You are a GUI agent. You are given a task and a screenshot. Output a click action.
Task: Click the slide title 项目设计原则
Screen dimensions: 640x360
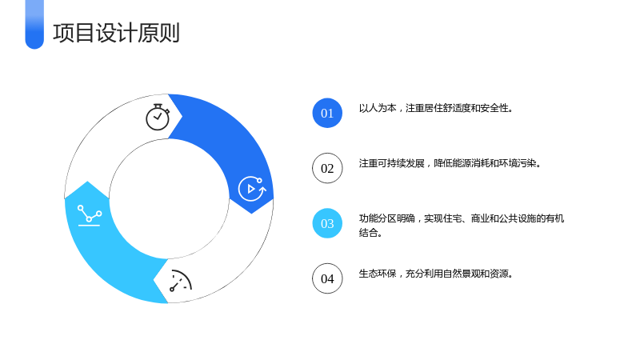116,33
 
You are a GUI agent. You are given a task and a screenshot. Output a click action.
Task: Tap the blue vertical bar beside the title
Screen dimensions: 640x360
34,25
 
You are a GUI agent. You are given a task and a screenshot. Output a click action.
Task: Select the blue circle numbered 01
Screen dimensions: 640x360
327,113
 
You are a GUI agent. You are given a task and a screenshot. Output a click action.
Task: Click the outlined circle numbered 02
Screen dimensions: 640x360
327,168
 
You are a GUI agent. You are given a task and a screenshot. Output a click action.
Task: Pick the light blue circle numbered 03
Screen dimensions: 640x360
327,223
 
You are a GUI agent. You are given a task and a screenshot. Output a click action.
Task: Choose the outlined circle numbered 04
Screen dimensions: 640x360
327,278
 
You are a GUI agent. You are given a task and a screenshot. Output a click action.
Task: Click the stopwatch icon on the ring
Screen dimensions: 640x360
158,117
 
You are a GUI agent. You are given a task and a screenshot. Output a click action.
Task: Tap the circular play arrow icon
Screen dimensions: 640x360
252,189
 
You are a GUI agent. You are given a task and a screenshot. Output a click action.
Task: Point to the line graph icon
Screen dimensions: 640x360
90,215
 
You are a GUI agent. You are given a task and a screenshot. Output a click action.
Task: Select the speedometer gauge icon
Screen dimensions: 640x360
181,281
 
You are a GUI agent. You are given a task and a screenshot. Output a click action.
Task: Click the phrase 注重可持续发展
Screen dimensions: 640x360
392,163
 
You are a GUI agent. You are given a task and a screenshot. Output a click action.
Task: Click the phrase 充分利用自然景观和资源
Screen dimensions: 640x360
457,274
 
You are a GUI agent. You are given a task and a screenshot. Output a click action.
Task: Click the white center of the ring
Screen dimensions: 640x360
169,198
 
